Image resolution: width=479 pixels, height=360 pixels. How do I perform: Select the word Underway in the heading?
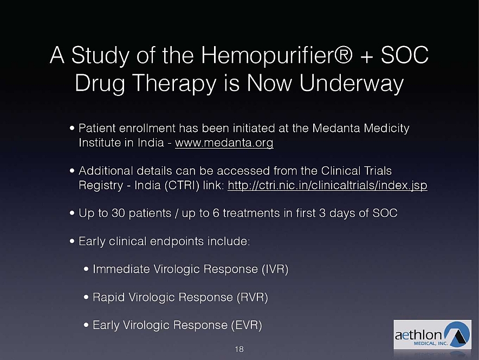(x=352, y=82)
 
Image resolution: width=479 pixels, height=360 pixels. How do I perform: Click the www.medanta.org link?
(x=224, y=143)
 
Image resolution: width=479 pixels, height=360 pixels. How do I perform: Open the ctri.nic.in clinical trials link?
(x=327, y=185)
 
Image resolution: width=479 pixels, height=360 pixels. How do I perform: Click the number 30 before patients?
(x=118, y=213)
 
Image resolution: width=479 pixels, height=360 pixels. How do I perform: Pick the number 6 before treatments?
(x=216, y=213)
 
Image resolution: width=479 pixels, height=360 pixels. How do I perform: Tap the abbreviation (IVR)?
(x=275, y=269)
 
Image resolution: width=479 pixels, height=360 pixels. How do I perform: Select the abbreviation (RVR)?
(x=253, y=297)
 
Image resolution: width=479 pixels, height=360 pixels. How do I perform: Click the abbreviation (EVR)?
(x=247, y=325)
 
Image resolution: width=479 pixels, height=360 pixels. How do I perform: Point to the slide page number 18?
(x=239, y=349)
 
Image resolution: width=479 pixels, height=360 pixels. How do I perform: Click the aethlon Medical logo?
(x=432, y=335)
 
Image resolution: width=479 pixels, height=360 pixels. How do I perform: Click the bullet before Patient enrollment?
(x=72, y=128)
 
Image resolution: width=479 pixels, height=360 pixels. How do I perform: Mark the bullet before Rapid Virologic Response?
(x=86, y=297)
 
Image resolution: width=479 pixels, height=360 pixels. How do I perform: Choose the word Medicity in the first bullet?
(x=386, y=128)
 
